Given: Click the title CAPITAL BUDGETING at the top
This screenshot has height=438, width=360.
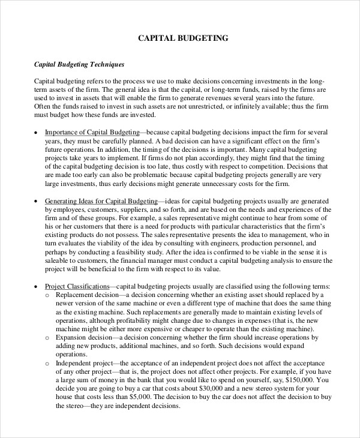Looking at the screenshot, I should pyautogui.click(x=184, y=38).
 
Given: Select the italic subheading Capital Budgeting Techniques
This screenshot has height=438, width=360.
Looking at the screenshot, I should pyautogui.click(x=79, y=64).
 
